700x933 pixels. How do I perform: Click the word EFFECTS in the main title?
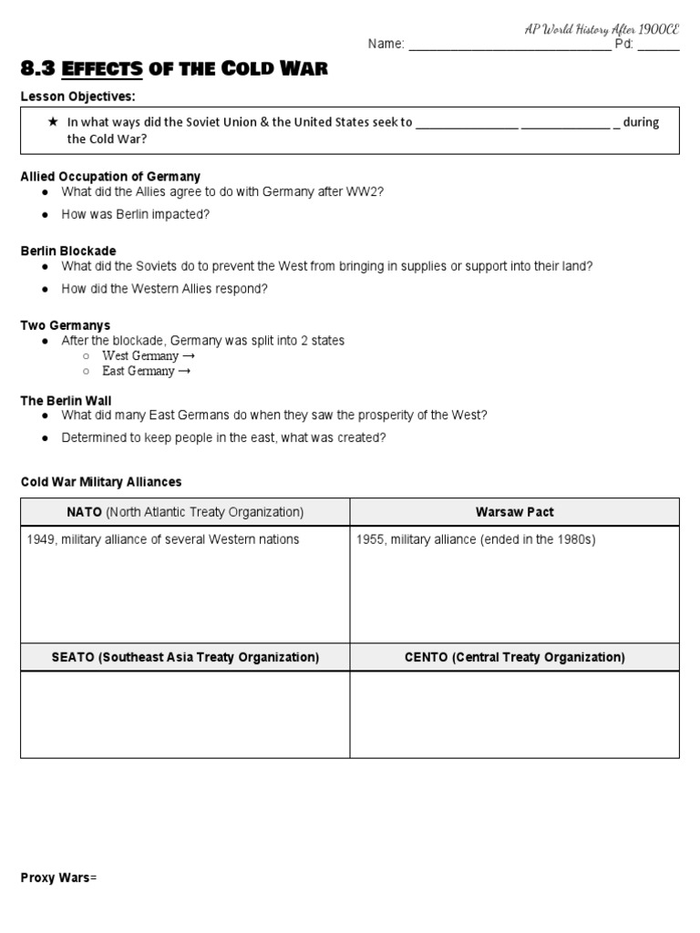[110, 69]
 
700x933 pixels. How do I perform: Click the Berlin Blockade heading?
[68, 251]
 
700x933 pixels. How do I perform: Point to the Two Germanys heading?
[66, 325]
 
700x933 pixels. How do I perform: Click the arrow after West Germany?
[187, 355]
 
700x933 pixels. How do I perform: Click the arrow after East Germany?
[184, 371]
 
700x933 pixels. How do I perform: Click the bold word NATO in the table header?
[85, 512]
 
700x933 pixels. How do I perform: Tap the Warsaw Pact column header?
[514, 512]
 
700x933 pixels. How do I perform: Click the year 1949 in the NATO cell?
[42, 539]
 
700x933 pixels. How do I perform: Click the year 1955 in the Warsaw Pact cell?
[371, 539]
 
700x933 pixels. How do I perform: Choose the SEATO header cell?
[185, 657]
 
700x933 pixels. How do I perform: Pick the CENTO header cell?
[514, 657]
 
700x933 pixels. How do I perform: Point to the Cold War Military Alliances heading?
[101, 482]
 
